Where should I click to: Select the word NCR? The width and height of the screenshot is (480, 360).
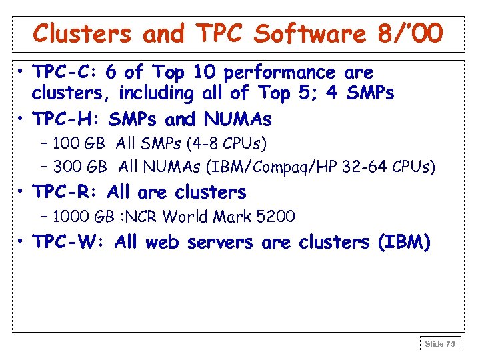(x=143, y=216)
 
